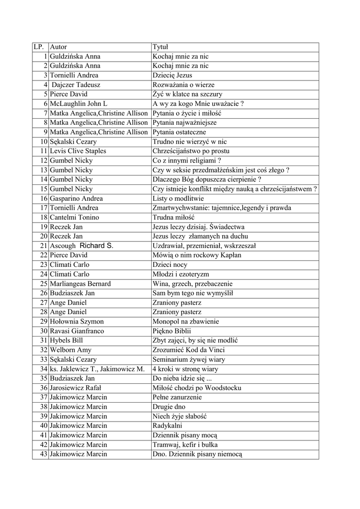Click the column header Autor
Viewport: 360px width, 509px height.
[59, 47]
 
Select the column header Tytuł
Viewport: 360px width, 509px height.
[161, 47]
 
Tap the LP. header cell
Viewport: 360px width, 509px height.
[39, 47]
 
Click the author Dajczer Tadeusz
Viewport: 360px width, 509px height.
[76, 85]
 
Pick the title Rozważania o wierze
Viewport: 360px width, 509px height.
[183, 85]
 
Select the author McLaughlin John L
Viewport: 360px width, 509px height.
[78, 104]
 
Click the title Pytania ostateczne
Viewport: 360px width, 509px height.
[179, 132]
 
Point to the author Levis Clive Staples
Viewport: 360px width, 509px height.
[78, 151]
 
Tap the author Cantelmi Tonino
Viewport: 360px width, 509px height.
[74, 217]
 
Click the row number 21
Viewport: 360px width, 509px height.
[43, 246]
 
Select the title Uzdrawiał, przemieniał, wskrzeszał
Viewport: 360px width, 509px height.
[204, 246]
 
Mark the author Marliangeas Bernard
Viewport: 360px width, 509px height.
[80, 284]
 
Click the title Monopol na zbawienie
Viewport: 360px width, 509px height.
[185, 322]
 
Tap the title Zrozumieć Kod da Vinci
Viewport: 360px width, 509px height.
[189, 350]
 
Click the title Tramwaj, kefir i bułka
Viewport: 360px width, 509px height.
[185, 444]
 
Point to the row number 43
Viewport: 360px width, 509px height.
[43, 454]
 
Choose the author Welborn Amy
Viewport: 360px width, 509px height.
[71, 350]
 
